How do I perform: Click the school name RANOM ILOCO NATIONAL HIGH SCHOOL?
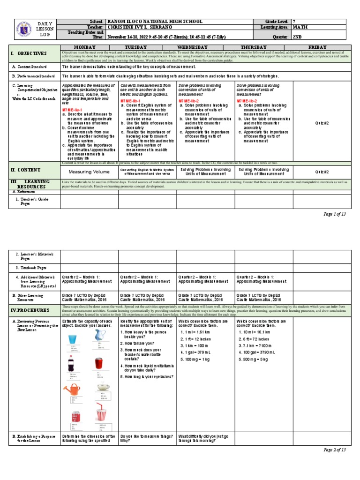click(156, 22)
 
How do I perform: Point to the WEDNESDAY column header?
click(205, 47)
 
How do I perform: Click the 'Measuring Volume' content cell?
click(89, 172)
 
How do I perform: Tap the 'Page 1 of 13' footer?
click(335, 214)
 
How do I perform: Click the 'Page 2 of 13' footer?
click(335, 450)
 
